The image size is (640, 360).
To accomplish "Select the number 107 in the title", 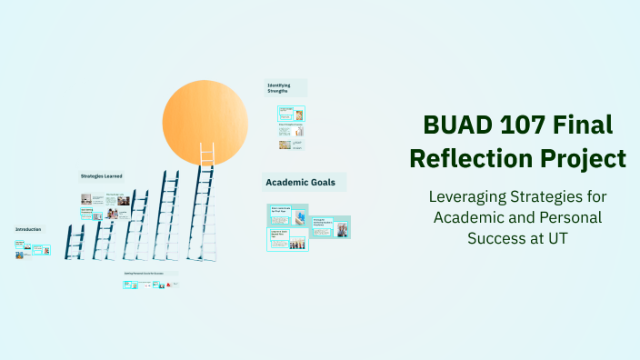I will click(x=528, y=125).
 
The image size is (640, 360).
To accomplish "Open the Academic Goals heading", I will click(x=300, y=183).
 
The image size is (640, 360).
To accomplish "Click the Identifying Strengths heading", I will click(x=279, y=87).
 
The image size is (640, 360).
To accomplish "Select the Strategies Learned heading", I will click(x=101, y=175).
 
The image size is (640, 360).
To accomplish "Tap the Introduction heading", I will click(x=28, y=229).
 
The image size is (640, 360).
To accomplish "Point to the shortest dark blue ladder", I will click(x=75, y=241).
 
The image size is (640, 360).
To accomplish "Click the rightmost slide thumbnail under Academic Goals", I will click(x=342, y=227).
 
